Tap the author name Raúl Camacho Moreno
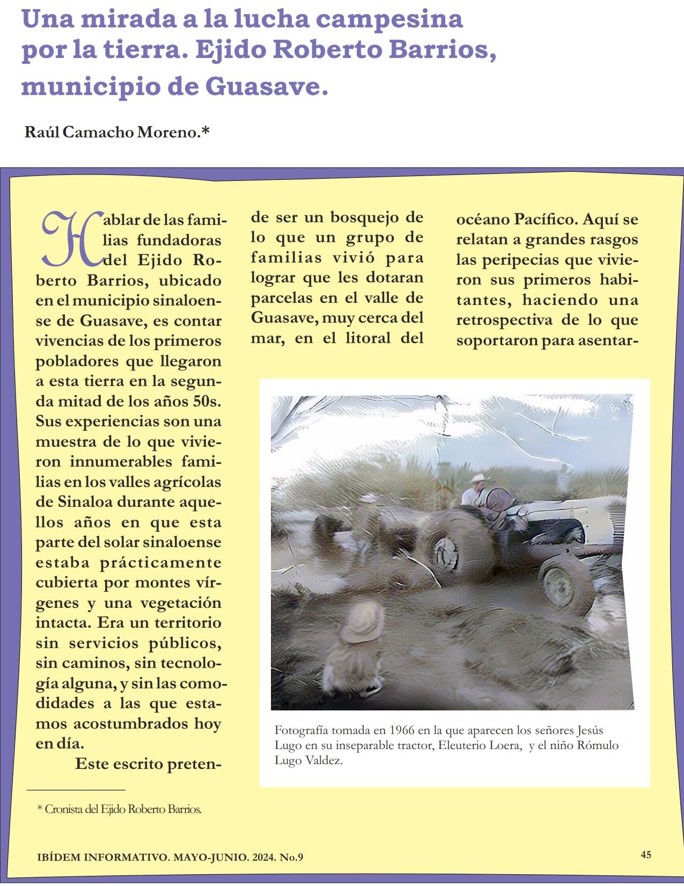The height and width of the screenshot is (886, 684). coord(116,132)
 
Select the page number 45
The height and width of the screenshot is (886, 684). coord(646,854)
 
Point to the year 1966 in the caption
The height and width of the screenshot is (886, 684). coord(402,730)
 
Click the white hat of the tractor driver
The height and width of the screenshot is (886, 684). coord(478,478)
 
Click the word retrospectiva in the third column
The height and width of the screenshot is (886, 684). coord(504,320)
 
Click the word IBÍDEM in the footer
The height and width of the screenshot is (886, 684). coord(59,857)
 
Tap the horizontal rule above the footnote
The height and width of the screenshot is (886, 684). coord(76,790)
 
